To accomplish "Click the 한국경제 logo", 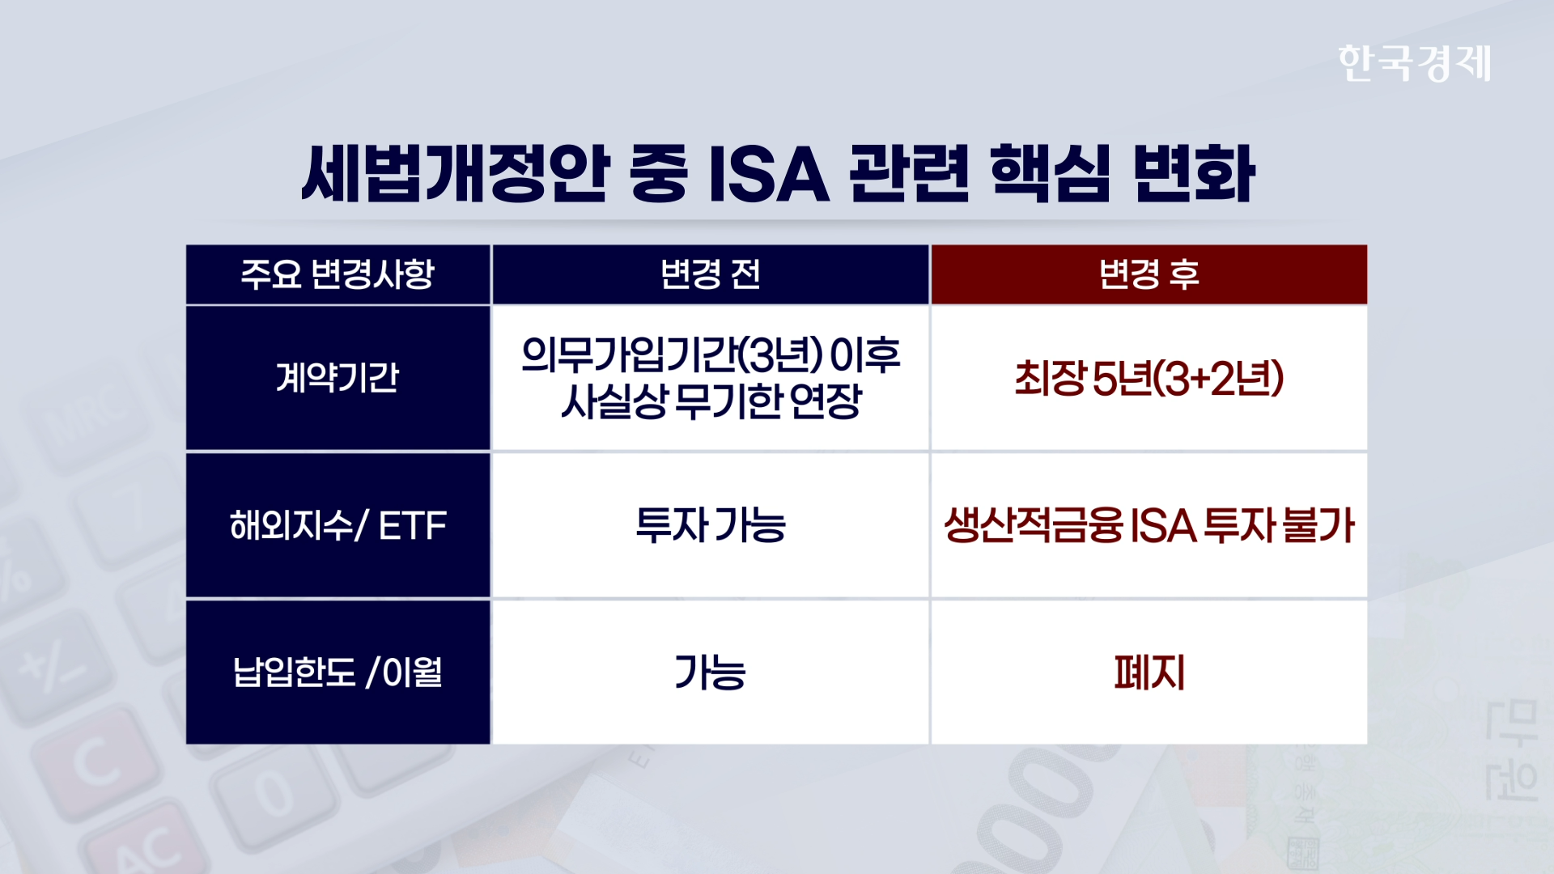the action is point(1414,63).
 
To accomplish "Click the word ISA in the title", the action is point(770,174).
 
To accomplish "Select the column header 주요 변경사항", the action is point(338,274).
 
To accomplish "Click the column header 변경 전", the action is point(711,274).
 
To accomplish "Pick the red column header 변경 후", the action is point(1149,274).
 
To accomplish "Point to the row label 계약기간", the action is point(338,377).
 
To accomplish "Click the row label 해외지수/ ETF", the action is point(338,525).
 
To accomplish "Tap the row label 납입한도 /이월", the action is point(338,672).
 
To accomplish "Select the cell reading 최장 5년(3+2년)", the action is point(1149,378).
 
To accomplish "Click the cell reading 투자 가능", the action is point(711,525).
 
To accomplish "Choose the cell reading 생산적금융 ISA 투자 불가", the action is point(1149,525).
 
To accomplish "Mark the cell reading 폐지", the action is point(1149,672).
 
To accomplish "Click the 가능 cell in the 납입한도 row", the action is point(711,672).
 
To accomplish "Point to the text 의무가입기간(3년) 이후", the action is point(711,354).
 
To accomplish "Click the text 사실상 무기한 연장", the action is point(711,401).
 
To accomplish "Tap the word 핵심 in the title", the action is point(1051,174).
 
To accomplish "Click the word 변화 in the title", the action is point(1194,174).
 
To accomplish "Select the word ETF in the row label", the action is point(413,526).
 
